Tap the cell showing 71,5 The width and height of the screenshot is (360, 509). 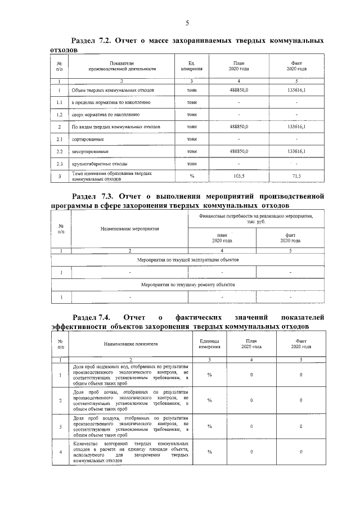pyautogui.click(x=296, y=176)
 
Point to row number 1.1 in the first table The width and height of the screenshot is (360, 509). pyautogui.click(x=59, y=102)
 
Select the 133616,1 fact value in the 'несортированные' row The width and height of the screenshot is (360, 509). pyautogui.click(x=296, y=151)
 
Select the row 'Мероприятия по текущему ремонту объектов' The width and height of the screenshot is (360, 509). pyautogui.click(x=188, y=285)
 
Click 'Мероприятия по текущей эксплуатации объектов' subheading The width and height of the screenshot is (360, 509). pyautogui.click(x=188, y=260)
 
